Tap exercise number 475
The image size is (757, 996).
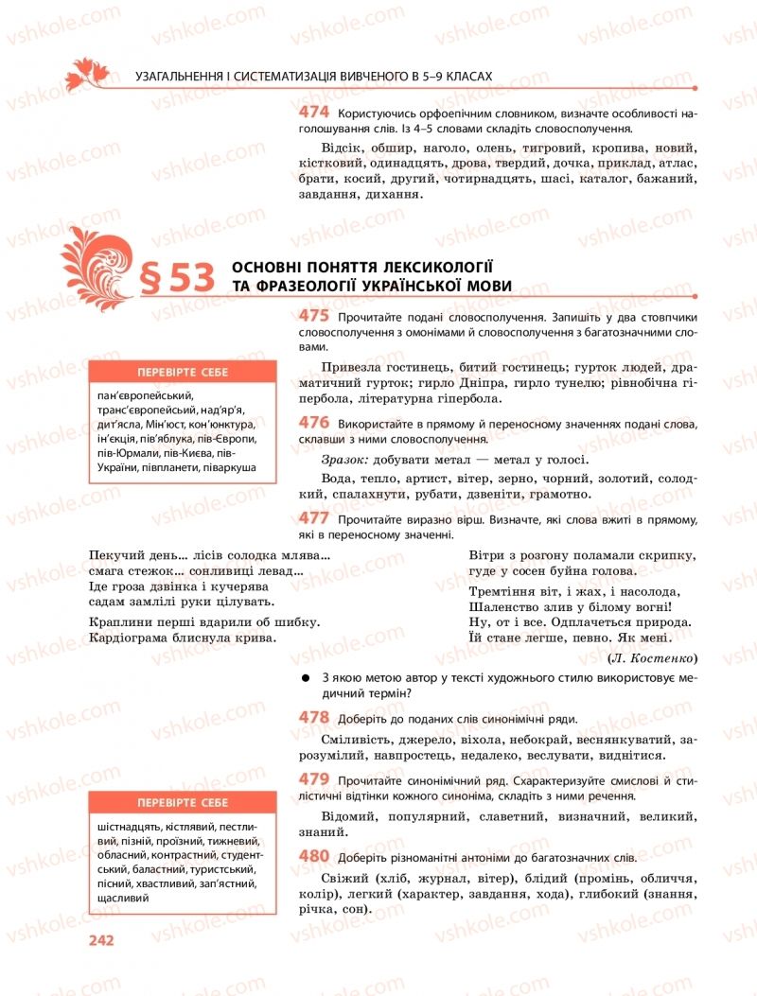(313, 317)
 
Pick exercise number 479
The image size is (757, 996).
(313, 778)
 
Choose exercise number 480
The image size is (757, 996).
(313, 856)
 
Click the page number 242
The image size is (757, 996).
(100, 940)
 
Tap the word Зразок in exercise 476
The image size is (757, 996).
(342, 459)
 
